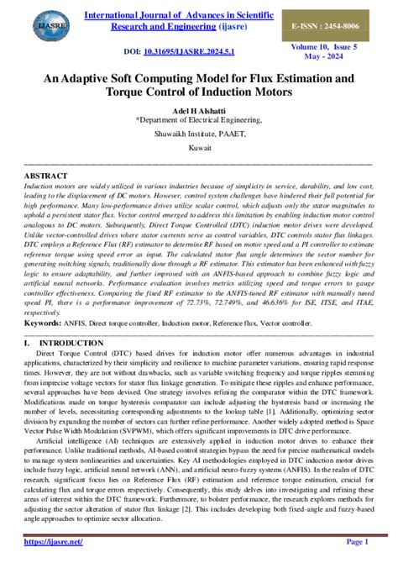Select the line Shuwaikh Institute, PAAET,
pos(198,132)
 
